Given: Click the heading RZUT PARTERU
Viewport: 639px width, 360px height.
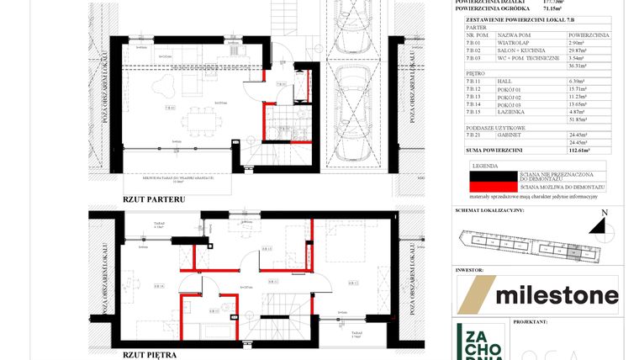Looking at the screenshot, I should coord(154,199).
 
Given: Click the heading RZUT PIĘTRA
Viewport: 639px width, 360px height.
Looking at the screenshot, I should coord(150,355).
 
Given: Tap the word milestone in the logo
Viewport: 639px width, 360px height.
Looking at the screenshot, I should coord(557,295).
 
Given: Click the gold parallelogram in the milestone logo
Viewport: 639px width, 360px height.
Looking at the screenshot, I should coord(475,294).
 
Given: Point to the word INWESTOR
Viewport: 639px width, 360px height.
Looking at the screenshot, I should coord(471,271).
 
